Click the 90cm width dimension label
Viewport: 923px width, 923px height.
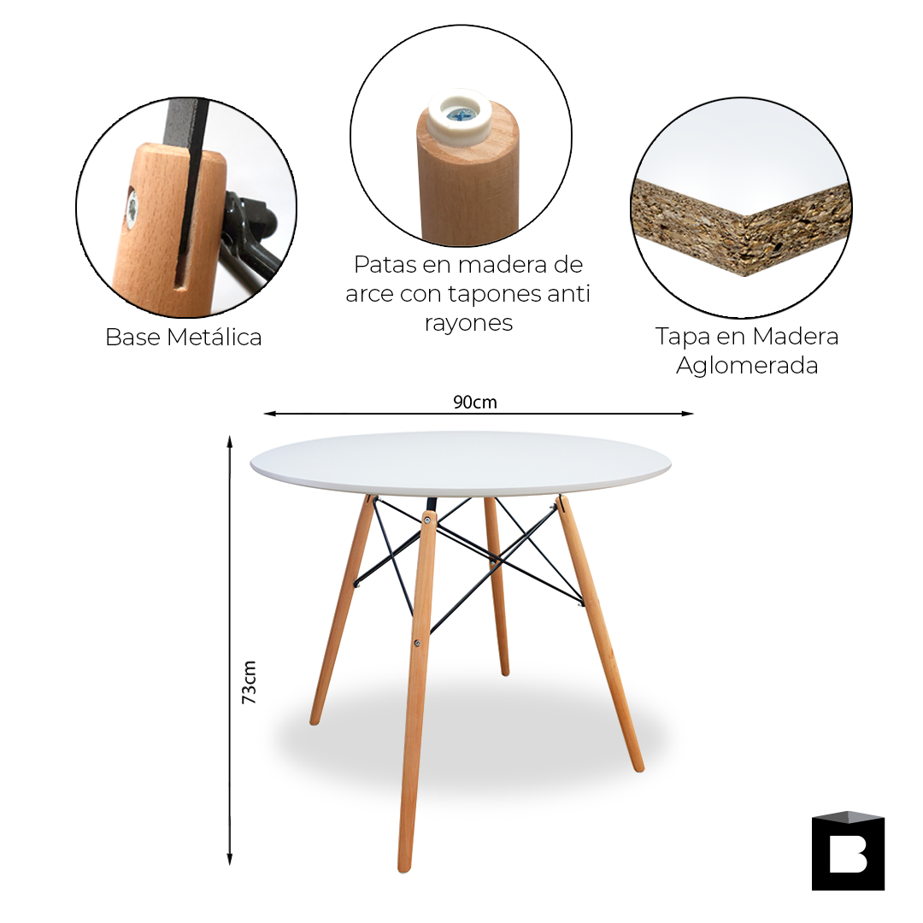pos(475,402)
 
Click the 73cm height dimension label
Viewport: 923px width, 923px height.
pos(250,681)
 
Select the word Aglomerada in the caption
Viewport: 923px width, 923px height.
pos(747,366)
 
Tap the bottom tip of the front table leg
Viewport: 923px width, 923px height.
pos(406,865)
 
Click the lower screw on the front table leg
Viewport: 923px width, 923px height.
pos(417,644)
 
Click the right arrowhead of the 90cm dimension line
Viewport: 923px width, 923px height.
pos(689,414)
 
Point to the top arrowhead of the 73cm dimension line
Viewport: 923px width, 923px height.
pos(229,440)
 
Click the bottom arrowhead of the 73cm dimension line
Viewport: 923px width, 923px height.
pos(229,860)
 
